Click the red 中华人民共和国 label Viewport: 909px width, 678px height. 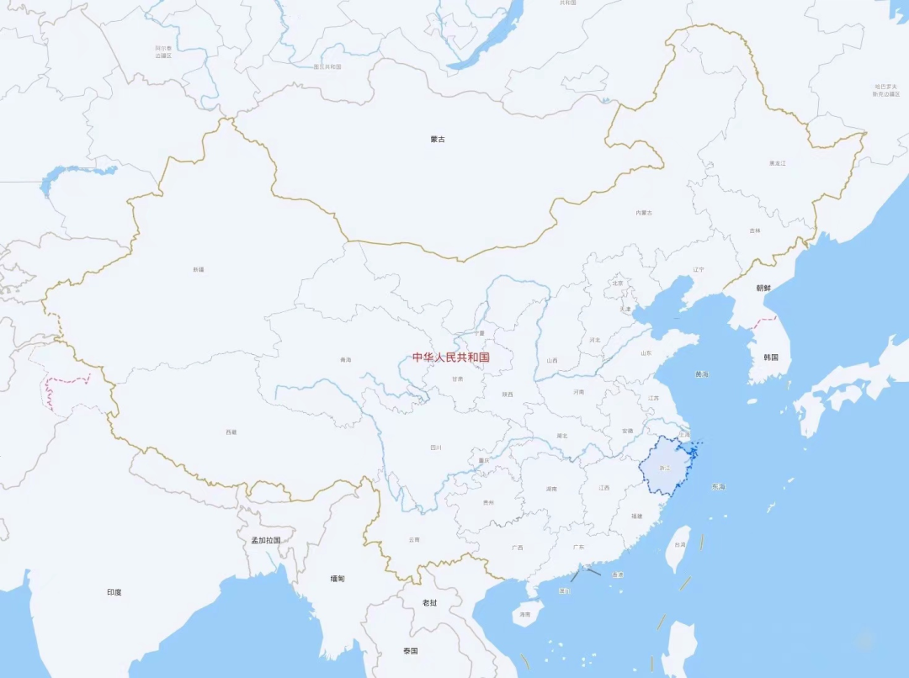450,358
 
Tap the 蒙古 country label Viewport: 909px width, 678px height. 437,139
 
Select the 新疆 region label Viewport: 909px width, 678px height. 199,269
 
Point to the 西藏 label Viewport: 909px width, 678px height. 231,432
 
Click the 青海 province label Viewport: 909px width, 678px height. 345,360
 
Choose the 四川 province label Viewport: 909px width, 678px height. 435,448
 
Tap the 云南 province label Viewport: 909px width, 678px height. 413,539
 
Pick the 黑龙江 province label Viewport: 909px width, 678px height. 777,162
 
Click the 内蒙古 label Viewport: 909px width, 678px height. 644,213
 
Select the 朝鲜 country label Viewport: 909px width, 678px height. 763,288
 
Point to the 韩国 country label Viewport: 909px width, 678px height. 771,358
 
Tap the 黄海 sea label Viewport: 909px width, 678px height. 702,373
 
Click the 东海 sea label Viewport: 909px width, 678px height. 717,486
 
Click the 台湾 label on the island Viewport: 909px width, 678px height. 676,545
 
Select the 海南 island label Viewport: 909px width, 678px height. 525,615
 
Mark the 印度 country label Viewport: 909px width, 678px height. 114,592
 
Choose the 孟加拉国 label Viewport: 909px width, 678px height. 266,540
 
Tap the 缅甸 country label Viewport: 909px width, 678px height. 338,578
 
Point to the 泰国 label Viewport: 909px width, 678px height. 410,651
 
